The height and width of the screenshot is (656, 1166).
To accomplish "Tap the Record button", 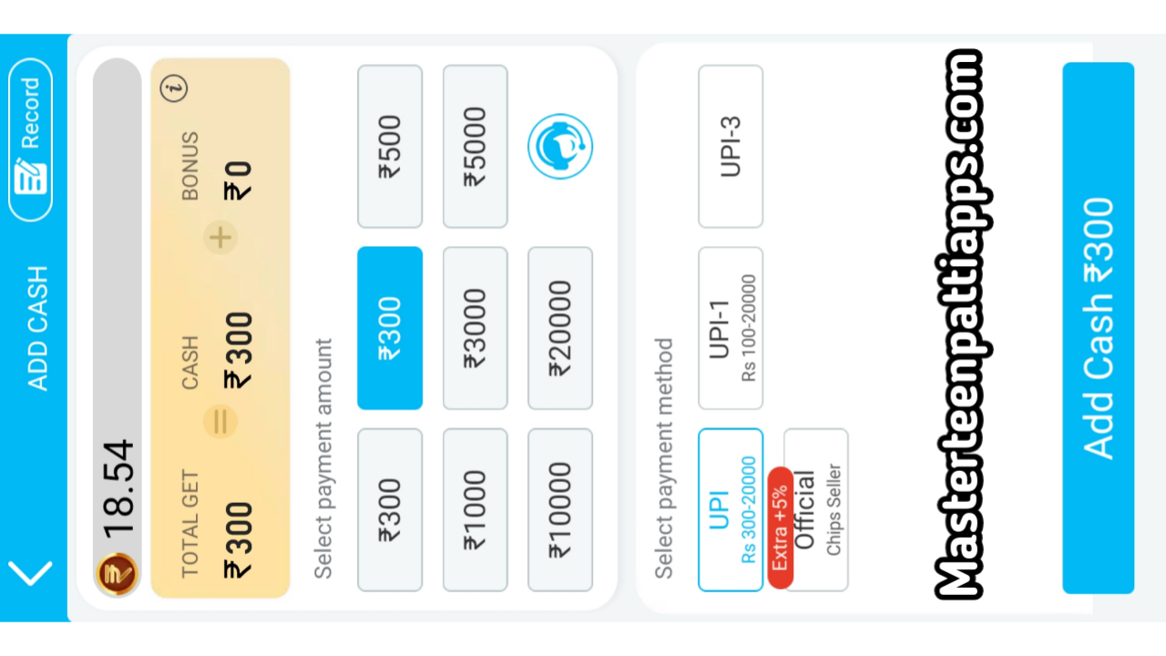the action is point(30,138).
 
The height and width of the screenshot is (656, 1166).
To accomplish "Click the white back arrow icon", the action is point(30,573).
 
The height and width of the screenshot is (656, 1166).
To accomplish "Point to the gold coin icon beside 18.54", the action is point(118,574).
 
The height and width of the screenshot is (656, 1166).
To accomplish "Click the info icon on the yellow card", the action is point(173,88).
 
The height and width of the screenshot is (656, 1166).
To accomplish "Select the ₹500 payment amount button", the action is point(390,146).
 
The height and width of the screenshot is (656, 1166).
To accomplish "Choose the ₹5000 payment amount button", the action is point(475,146).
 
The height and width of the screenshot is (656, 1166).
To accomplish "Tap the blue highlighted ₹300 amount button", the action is point(390,328).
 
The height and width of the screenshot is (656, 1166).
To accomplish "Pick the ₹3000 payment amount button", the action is point(475,328).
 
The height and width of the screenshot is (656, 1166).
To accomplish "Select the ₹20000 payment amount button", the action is point(560,328).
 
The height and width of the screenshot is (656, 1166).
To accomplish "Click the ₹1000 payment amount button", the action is point(475,510).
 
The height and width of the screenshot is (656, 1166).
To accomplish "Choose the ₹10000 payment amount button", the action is point(560,510).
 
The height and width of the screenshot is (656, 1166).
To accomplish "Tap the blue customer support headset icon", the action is point(560,146).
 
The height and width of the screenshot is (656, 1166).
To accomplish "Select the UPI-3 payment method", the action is point(731,146).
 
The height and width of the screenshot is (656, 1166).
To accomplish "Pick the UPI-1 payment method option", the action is point(731,328).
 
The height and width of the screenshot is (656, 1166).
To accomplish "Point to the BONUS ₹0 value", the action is point(239,180).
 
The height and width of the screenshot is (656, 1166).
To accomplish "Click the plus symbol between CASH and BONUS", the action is point(220,238).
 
